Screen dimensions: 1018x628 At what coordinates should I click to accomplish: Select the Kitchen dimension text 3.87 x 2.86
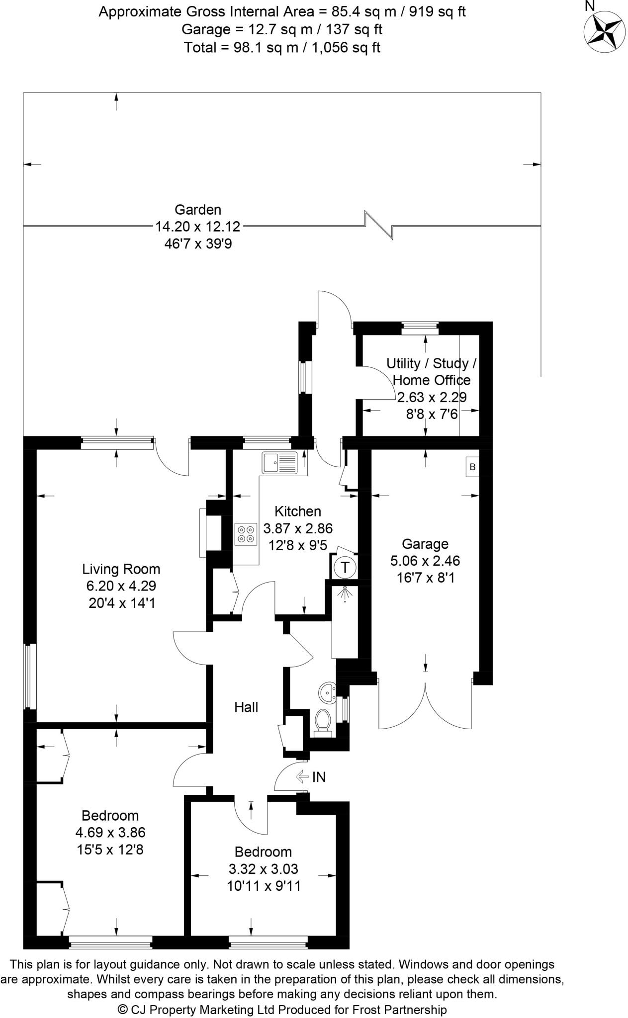click(298, 528)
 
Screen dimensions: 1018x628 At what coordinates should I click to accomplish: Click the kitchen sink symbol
click(279, 463)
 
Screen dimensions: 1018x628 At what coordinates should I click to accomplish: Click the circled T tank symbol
click(345, 567)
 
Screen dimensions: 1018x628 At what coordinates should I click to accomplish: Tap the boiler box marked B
click(472, 467)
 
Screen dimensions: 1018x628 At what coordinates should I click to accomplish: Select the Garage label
click(425, 544)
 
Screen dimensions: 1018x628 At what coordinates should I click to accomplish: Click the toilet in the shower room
click(323, 721)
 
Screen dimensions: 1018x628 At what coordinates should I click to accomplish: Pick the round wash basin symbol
click(327, 691)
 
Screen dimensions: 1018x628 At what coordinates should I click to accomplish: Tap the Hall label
click(246, 707)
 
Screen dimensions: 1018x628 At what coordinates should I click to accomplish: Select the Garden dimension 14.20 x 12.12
click(198, 227)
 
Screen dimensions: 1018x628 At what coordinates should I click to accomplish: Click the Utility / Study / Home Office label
click(431, 372)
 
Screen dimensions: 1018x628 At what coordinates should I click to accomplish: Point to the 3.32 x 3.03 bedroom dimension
click(263, 869)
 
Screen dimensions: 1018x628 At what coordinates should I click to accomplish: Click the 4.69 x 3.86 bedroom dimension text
click(110, 832)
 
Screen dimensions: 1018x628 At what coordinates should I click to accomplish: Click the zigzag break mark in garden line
click(379, 225)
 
